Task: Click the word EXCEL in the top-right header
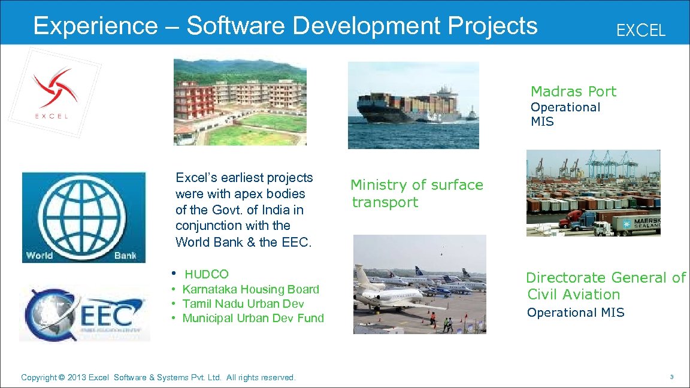[640, 31]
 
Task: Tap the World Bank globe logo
[83, 217]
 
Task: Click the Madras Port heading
[573, 92]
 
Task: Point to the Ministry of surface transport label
[416, 193]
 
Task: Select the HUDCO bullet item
[206, 274]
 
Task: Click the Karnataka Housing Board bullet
[250, 289]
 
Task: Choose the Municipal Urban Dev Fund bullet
[253, 318]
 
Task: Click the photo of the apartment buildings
[239, 102]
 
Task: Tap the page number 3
[672, 377]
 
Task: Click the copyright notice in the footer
[158, 377]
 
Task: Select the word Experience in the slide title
[95, 26]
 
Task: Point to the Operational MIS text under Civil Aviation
[575, 313]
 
